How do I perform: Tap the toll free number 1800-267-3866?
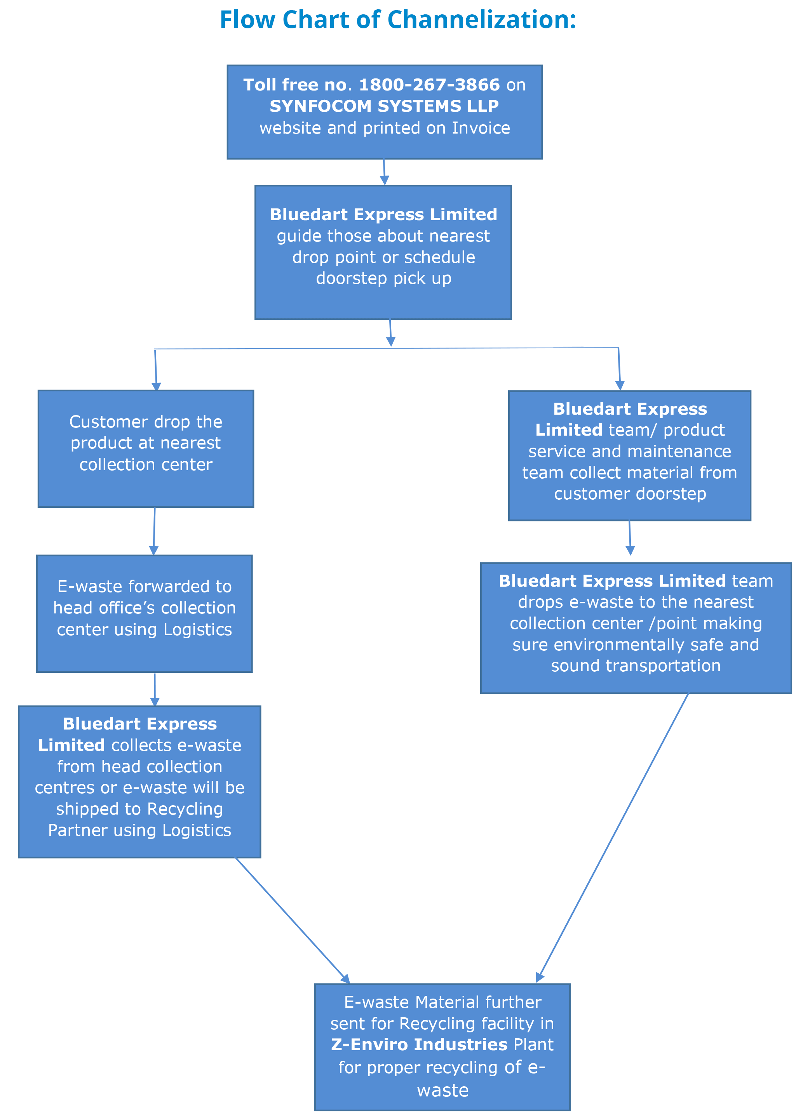(x=429, y=85)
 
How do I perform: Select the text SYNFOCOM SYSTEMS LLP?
(x=384, y=106)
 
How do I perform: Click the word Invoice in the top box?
(x=481, y=128)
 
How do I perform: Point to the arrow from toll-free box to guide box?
(x=384, y=172)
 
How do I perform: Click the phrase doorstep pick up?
(x=384, y=278)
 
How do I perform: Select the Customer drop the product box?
(x=146, y=449)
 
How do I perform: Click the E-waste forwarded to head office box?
(x=145, y=614)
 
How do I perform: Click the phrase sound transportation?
(x=636, y=666)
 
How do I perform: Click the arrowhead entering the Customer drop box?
(x=156, y=387)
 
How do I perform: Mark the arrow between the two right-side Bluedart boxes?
(x=630, y=538)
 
